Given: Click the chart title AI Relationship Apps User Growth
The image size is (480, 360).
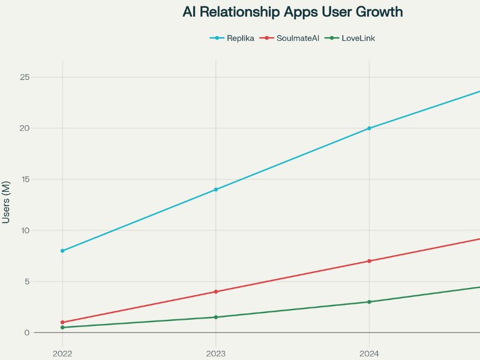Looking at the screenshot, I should pos(293,12).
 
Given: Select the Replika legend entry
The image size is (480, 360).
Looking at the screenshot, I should pos(232,38).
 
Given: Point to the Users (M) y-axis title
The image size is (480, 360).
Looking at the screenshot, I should pos(6,202).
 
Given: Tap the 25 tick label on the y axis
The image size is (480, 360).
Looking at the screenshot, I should pos(24,77).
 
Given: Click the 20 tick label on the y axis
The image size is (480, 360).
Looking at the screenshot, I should pos(24,128).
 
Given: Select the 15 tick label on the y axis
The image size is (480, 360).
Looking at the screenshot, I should pos(24,179).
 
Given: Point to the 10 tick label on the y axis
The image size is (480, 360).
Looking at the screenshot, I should pos(24,230).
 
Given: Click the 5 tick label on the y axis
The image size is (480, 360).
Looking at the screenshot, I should pos(26,281).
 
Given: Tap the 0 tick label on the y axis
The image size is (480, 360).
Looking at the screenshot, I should pos(26,332).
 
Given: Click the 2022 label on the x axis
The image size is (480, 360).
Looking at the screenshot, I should pos(62,353).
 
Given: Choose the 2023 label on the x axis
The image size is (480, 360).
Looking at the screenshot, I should pos(216,353).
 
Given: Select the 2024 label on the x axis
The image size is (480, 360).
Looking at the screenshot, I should pos(369,353).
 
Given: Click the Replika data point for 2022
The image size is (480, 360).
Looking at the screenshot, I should pos(62,251).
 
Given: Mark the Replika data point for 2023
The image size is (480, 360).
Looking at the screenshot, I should pos(216,190).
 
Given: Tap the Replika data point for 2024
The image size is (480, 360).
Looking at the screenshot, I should pos(369,128).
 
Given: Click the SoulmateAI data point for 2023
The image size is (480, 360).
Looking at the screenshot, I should pos(216,292).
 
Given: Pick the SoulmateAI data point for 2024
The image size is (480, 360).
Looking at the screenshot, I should pos(369,261).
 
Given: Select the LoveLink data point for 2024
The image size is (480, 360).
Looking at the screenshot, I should pos(369,302).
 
